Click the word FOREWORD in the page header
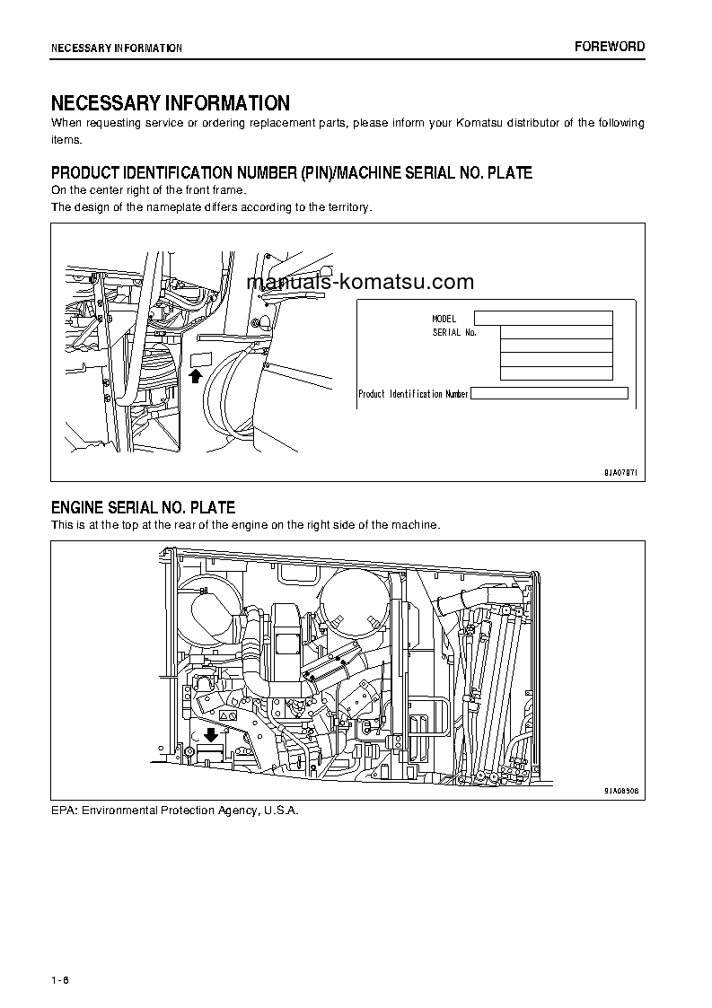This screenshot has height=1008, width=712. coord(610,47)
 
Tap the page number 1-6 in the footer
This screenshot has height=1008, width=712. coord(60,979)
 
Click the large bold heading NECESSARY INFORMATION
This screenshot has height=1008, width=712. coord(170,103)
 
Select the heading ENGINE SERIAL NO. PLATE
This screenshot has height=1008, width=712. coord(143,508)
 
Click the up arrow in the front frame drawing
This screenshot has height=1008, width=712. coord(196,376)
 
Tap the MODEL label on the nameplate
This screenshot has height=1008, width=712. coord(444,319)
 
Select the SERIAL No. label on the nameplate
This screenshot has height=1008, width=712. coord(454,332)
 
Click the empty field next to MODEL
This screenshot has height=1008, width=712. coord(543,318)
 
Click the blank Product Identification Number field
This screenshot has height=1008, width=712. coord(549,393)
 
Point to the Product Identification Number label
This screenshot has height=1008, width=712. coord(413,394)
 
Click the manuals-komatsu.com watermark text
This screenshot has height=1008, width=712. coord(359,282)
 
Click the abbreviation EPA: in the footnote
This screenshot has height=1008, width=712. coord(65,811)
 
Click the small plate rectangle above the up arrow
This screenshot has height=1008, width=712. coord(199,360)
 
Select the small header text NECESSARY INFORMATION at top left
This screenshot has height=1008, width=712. coord(117,48)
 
